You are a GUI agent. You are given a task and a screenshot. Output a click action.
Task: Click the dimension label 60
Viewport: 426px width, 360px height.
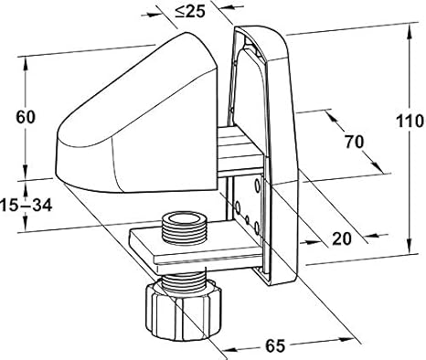tap(26, 117)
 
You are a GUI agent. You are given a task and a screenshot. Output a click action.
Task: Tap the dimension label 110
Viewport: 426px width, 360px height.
tap(410, 122)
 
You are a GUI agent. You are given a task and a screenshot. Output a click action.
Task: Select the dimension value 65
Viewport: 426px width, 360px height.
tap(275, 346)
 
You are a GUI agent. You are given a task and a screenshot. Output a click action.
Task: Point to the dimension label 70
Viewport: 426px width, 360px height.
tap(355, 142)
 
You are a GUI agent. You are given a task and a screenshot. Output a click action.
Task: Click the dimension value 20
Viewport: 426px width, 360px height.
tap(342, 238)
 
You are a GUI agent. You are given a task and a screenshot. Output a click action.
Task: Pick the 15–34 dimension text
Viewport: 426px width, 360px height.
tap(27, 205)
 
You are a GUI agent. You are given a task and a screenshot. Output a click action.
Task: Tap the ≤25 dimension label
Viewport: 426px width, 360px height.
tap(190, 12)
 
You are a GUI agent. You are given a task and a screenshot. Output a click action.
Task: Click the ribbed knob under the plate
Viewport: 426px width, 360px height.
tap(184, 311)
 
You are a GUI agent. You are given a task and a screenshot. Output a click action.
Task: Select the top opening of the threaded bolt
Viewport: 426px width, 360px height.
tap(184, 219)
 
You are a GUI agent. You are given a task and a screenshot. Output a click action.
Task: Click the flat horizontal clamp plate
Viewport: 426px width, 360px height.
tap(195, 249)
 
